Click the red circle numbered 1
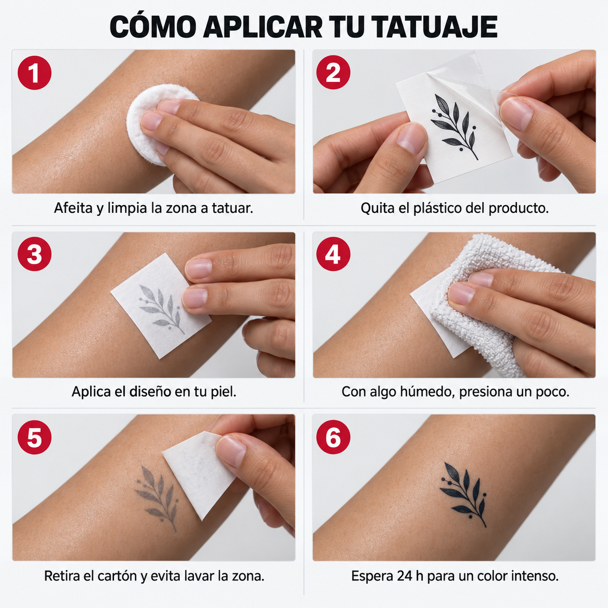[x=34, y=72]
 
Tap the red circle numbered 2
[x=333, y=72]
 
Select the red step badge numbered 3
[x=34, y=254]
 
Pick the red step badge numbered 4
[x=333, y=254]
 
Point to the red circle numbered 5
[x=34, y=437]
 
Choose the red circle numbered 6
[x=333, y=437]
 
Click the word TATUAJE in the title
[x=434, y=27]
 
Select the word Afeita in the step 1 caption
[x=74, y=208]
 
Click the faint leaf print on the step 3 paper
[x=161, y=308]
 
